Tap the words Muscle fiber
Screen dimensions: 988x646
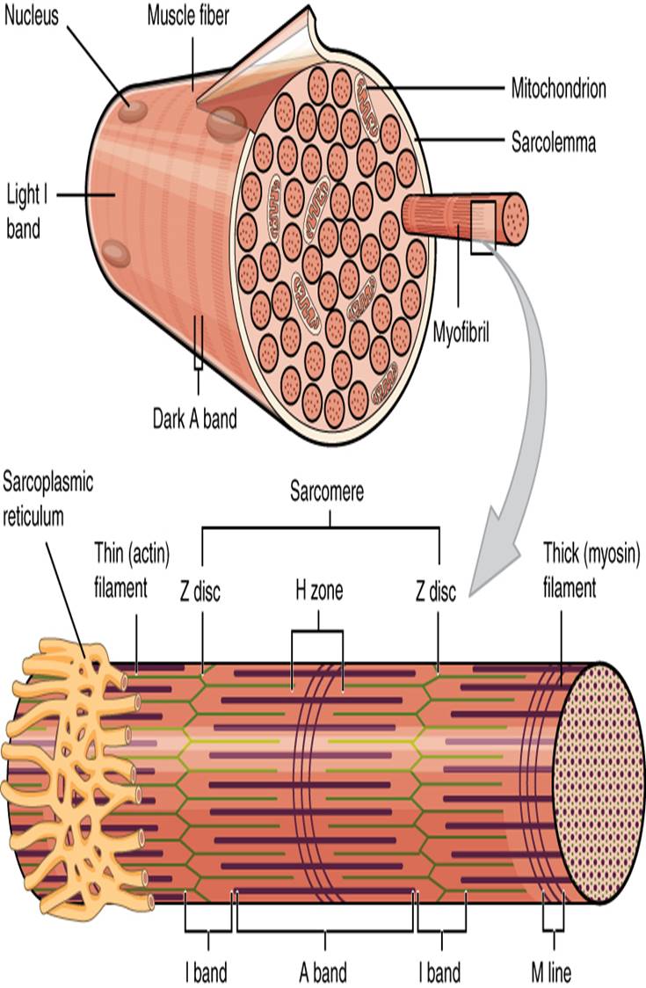187,16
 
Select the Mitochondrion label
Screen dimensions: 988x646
559,88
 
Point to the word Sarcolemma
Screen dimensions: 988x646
554,142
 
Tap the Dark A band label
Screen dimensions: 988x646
194,418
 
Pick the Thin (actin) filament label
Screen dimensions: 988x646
132,569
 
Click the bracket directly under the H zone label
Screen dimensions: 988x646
317,632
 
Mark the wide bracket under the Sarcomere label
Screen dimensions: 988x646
321,527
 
